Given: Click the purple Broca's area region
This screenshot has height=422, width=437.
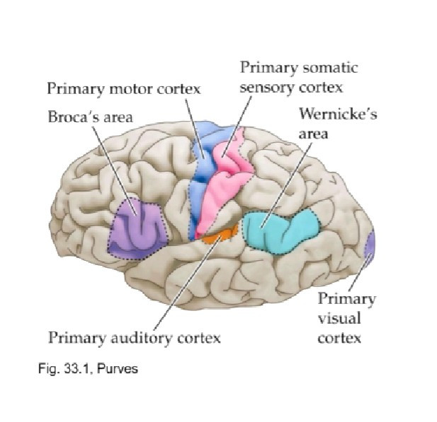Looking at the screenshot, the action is [x=139, y=230].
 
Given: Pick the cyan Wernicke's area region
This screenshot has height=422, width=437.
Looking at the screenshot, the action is [x=280, y=231].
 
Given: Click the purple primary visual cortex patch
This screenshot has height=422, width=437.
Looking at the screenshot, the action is [x=370, y=245].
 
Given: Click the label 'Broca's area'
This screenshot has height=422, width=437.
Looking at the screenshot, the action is [x=90, y=117].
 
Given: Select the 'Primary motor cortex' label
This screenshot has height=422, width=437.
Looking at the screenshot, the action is [x=124, y=89].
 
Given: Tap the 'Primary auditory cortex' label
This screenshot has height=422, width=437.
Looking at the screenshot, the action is [x=135, y=338].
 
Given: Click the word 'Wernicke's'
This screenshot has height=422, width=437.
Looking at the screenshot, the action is [x=338, y=114].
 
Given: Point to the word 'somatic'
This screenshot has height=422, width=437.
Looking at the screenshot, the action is [x=330, y=68].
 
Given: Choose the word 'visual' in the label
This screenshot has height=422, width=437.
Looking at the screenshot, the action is [x=339, y=319].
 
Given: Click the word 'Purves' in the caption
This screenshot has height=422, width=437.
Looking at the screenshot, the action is [x=118, y=369].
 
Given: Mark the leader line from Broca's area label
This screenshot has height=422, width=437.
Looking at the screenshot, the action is [x=115, y=171].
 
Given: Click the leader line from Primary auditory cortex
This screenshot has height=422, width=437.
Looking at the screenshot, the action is [x=188, y=283].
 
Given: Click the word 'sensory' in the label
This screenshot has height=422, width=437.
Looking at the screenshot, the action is [x=267, y=88].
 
